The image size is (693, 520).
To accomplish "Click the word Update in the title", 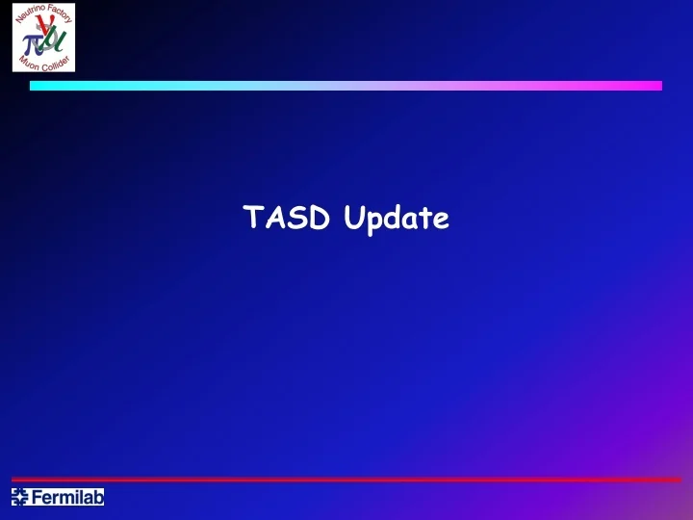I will click(x=396, y=221).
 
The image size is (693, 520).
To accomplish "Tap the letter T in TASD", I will click(x=253, y=220).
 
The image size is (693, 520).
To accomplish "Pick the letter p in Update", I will click(x=373, y=223).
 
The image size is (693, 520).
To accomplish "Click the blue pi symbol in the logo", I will click(x=30, y=40).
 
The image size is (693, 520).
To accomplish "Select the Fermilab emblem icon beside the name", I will click(x=20, y=498).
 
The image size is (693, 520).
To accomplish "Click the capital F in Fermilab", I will click(x=38, y=498).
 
